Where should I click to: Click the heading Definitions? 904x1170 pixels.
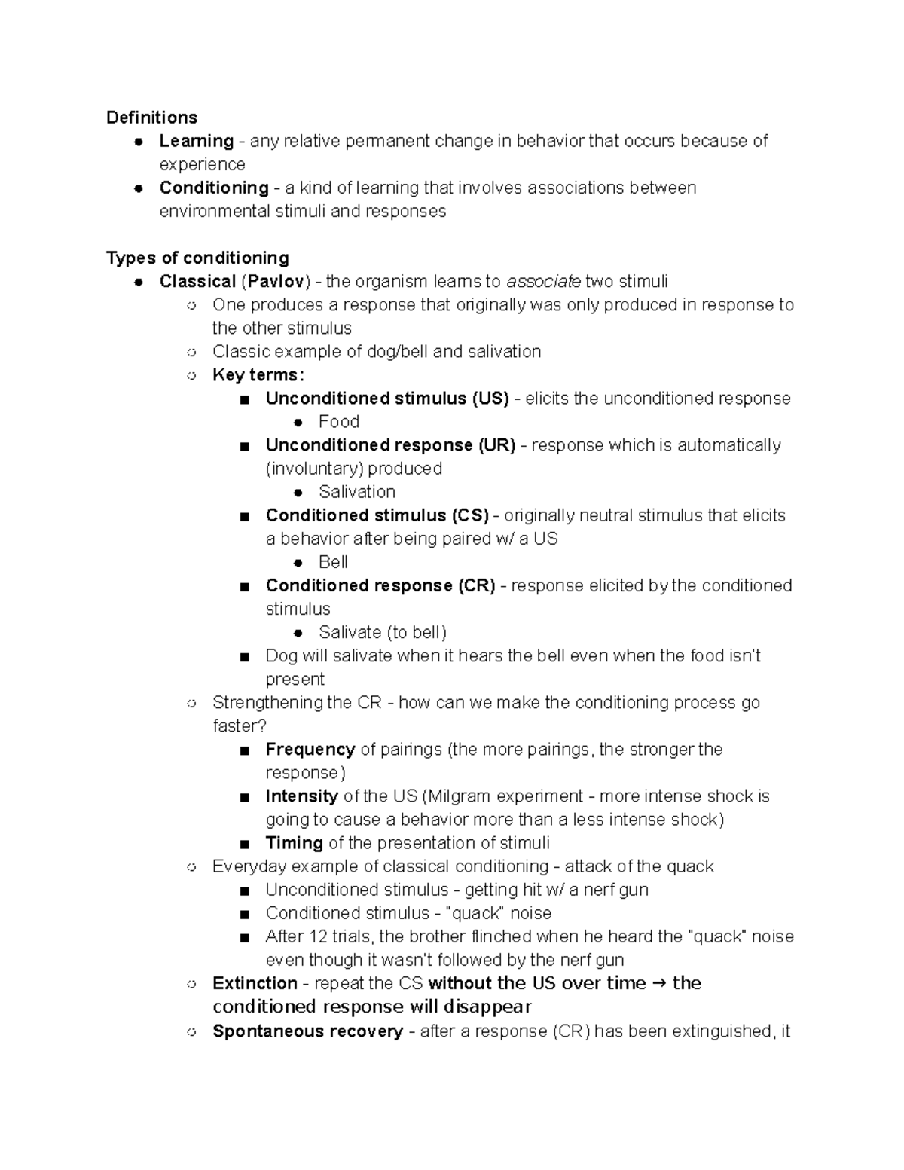click(x=151, y=118)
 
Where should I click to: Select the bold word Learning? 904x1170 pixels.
click(x=196, y=141)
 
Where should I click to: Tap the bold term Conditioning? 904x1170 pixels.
click(x=214, y=188)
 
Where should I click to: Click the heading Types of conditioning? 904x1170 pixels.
click(x=197, y=258)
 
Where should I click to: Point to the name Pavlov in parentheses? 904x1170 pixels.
click(x=276, y=282)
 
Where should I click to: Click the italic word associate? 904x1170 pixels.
click(x=543, y=282)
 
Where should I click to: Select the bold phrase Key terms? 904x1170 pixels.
click(x=258, y=375)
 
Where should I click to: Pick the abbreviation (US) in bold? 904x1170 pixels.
click(x=490, y=399)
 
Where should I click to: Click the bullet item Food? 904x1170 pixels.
click(x=338, y=422)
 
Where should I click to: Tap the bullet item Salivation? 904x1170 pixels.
click(x=356, y=492)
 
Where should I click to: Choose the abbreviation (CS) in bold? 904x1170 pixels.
click(x=470, y=515)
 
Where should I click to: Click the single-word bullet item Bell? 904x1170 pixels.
click(x=333, y=562)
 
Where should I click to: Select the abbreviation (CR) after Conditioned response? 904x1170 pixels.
click(x=476, y=585)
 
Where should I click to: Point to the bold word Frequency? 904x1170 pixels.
click(x=310, y=750)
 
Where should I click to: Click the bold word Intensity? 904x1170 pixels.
click(x=301, y=796)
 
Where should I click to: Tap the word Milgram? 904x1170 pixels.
click(x=460, y=796)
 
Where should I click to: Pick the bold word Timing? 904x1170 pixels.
click(x=294, y=843)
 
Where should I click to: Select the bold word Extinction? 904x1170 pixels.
click(x=255, y=983)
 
